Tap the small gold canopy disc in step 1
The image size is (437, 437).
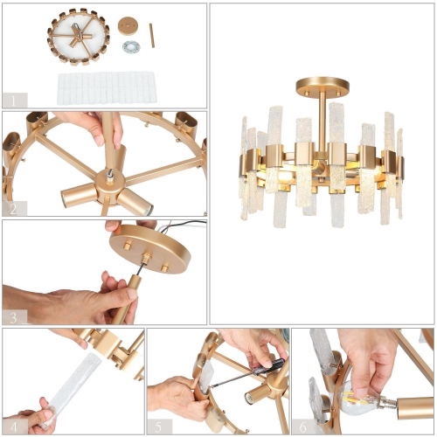(x=128, y=24)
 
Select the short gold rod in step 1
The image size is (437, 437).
(x=150, y=35)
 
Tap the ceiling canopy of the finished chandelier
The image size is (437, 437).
(x=322, y=86)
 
